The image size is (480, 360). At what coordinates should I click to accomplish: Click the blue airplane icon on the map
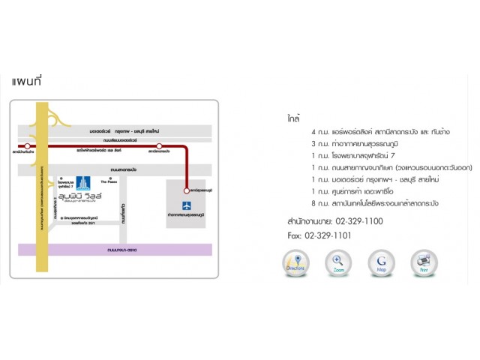tap(187, 205)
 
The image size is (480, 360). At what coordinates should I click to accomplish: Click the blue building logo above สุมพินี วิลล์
tap(84, 182)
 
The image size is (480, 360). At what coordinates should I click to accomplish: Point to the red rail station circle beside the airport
tap(186, 190)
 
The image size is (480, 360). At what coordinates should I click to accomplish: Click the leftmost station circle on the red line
tap(28, 145)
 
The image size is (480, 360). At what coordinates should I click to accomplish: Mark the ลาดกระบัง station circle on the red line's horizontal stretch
tap(159, 145)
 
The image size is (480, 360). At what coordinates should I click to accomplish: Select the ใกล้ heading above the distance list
tap(293, 118)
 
